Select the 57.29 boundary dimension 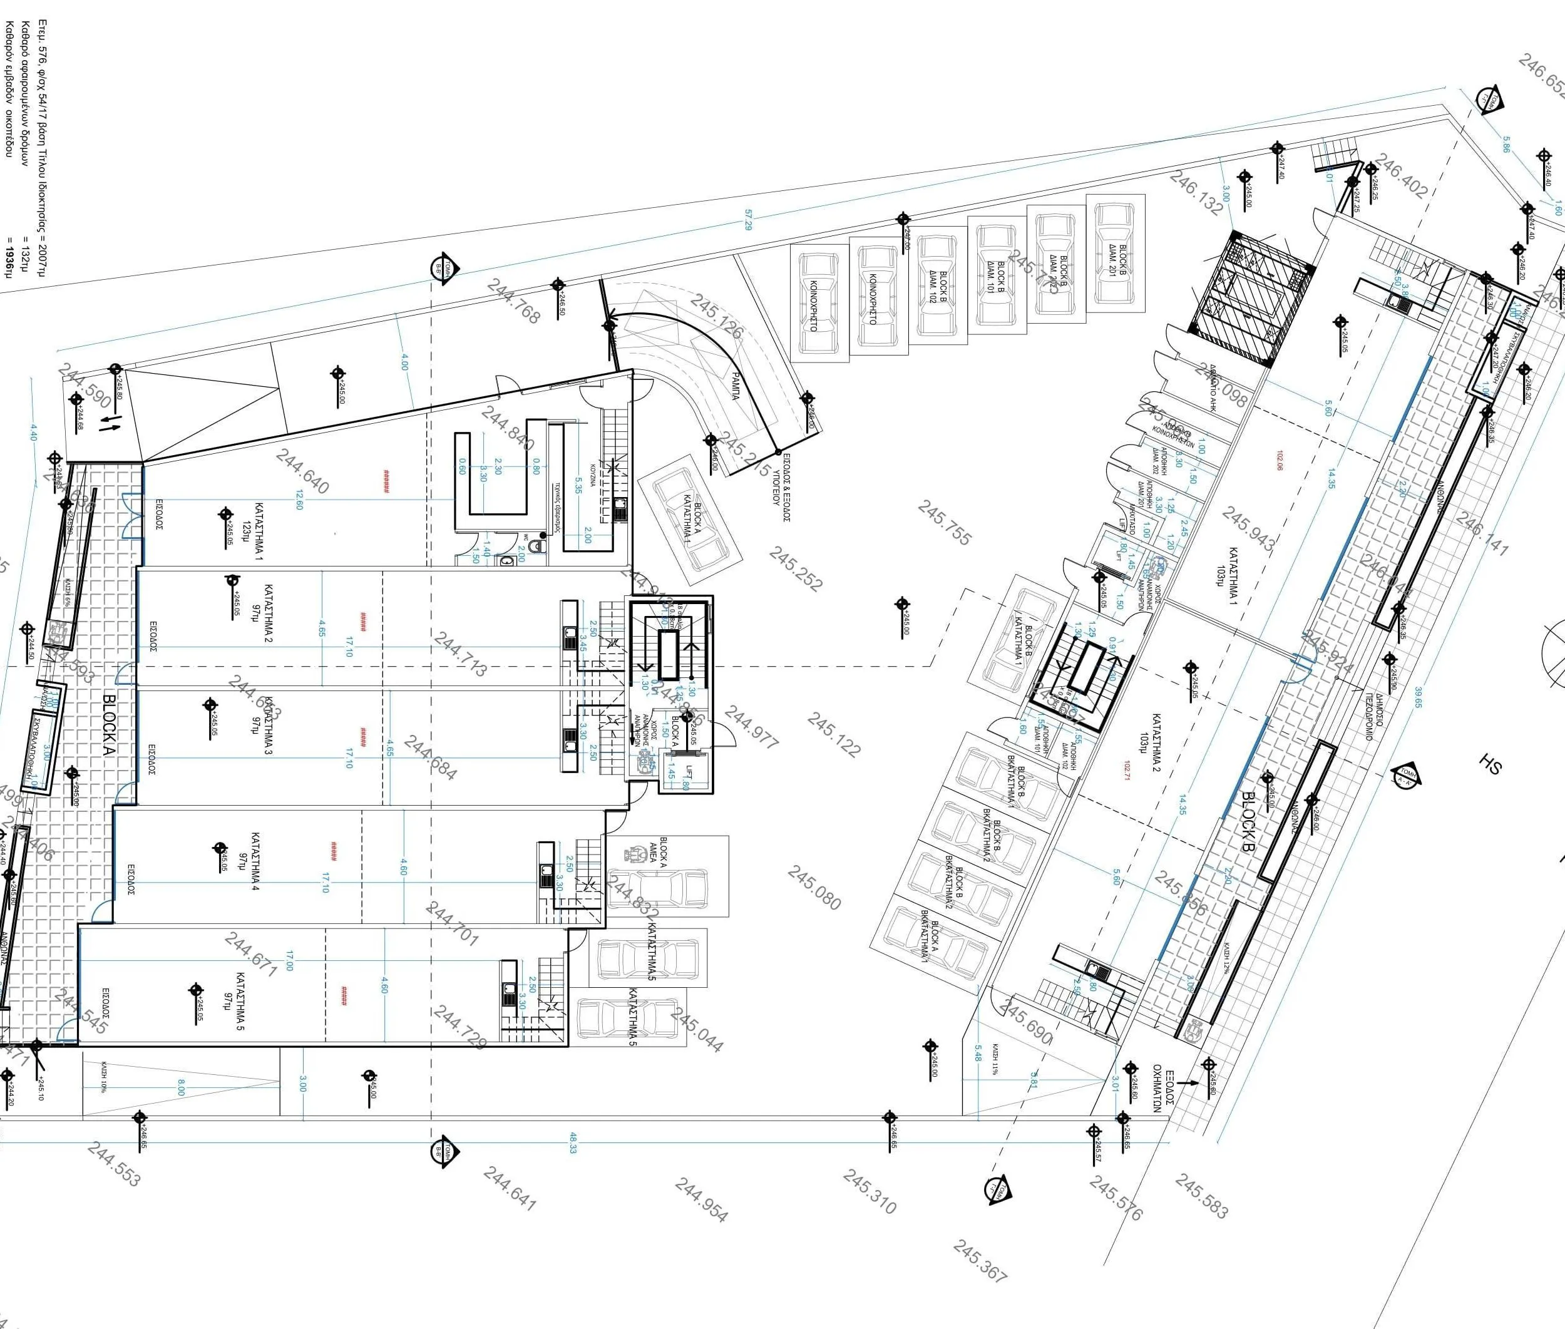pos(747,221)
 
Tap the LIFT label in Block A pos(688,774)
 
